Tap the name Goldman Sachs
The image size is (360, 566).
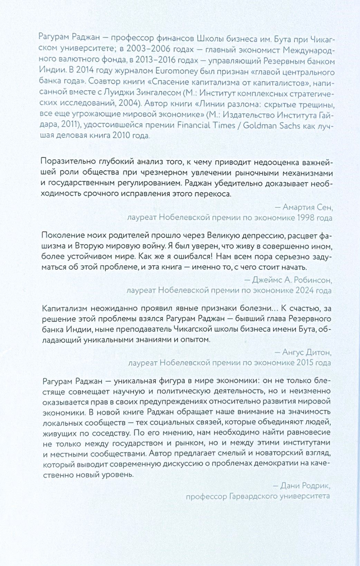pos(272,125)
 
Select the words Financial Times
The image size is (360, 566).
pos(206,125)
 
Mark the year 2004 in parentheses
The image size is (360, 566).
pos(130,103)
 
